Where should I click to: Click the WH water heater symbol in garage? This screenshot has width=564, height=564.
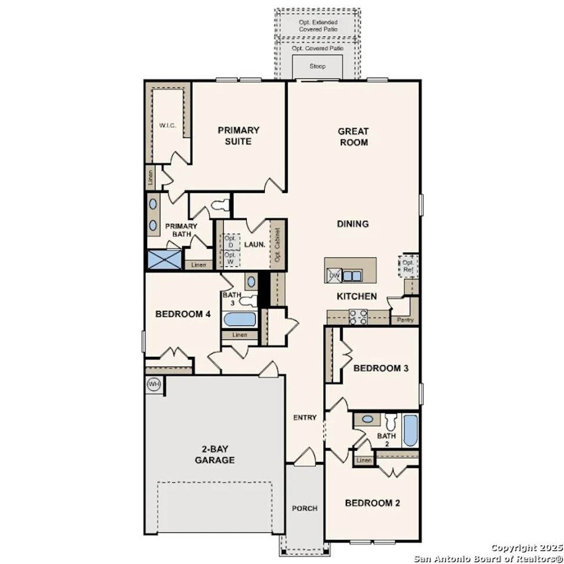pyautogui.click(x=154, y=384)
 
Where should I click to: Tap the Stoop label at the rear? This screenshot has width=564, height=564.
pyautogui.click(x=317, y=67)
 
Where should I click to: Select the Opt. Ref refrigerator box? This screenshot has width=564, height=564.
pyautogui.click(x=408, y=267)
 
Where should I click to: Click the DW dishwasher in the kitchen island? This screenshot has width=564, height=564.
pyautogui.click(x=334, y=275)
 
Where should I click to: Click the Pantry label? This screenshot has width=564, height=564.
pyautogui.click(x=405, y=319)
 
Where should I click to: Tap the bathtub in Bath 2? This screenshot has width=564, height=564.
pyautogui.click(x=410, y=431)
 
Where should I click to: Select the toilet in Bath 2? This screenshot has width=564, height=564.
pyautogui.click(x=391, y=422)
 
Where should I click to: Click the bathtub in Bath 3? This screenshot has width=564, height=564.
pyautogui.click(x=240, y=319)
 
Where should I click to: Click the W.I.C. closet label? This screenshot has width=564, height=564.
pyautogui.click(x=167, y=126)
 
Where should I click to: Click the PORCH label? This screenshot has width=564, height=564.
pyautogui.click(x=305, y=508)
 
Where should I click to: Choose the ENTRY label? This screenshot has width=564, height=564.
pyautogui.click(x=305, y=417)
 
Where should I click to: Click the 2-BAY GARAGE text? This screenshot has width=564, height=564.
pyautogui.click(x=214, y=454)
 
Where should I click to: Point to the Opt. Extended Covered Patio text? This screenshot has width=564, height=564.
pyautogui.click(x=318, y=25)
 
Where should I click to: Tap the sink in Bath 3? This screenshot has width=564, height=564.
pyautogui.click(x=251, y=282)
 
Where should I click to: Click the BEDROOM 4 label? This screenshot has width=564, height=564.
pyautogui.click(x=183, y=314)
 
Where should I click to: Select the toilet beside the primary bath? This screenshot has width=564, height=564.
pyautogui.click(x=219, y=205)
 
